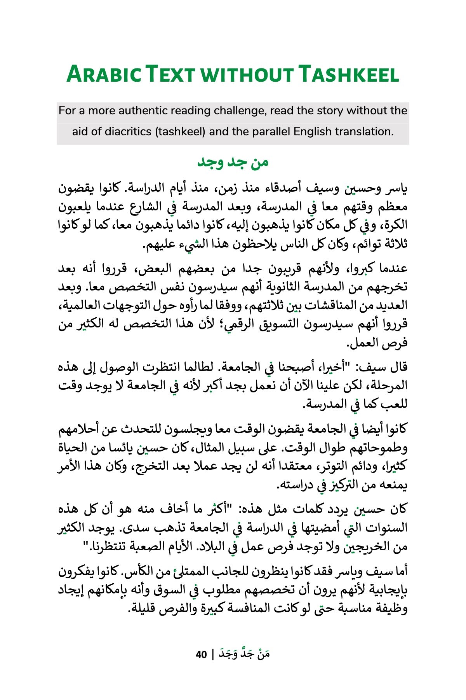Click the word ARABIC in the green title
[104, 74]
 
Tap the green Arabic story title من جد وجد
[233, 162]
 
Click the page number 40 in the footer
[201, 655]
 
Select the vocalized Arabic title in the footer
[244, 654]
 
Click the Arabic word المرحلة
[387, 385]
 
